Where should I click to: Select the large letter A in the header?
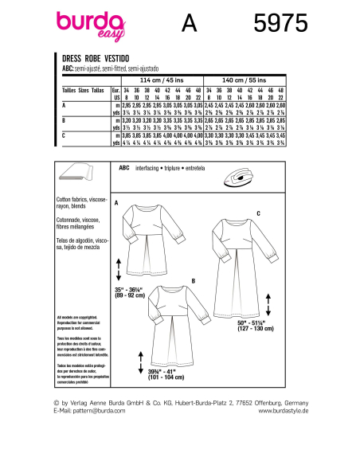pyautogui.click(x=189, y=25)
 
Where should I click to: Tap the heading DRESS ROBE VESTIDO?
pyautogui.click(x=101, y=59)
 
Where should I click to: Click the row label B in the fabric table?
pyautogui.click(x=64, y=119)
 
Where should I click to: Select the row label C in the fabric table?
pyautogui.click(x=64, y=136)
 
